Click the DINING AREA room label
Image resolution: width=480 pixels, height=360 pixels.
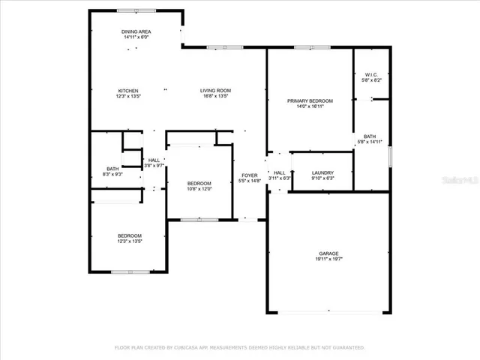coord(136,31)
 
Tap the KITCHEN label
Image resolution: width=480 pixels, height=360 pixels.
coord(127,91)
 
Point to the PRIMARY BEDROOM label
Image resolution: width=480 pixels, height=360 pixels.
coord(310,100)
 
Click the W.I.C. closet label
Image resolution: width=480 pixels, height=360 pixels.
coord(371,74)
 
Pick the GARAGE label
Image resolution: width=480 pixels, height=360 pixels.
coord(328,253)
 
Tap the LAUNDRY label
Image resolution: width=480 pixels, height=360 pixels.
coord(322,172)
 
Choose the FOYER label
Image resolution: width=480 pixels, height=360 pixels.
coord(249,175)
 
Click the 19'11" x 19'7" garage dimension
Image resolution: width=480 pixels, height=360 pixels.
coord(328,259)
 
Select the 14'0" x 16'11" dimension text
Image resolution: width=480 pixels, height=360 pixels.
coord(310,106)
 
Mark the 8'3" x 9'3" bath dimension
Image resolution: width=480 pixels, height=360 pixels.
coord(112,174)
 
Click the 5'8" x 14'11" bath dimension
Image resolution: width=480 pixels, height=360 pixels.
coord(370,142)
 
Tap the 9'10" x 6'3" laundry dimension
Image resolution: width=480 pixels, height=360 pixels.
coord(322,178)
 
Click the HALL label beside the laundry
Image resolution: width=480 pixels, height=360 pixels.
coord(279,172)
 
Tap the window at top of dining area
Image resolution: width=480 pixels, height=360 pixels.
coord(136,10)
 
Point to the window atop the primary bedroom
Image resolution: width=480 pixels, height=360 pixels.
coord(307,47)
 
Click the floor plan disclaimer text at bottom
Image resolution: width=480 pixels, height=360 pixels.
coord(239,347)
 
